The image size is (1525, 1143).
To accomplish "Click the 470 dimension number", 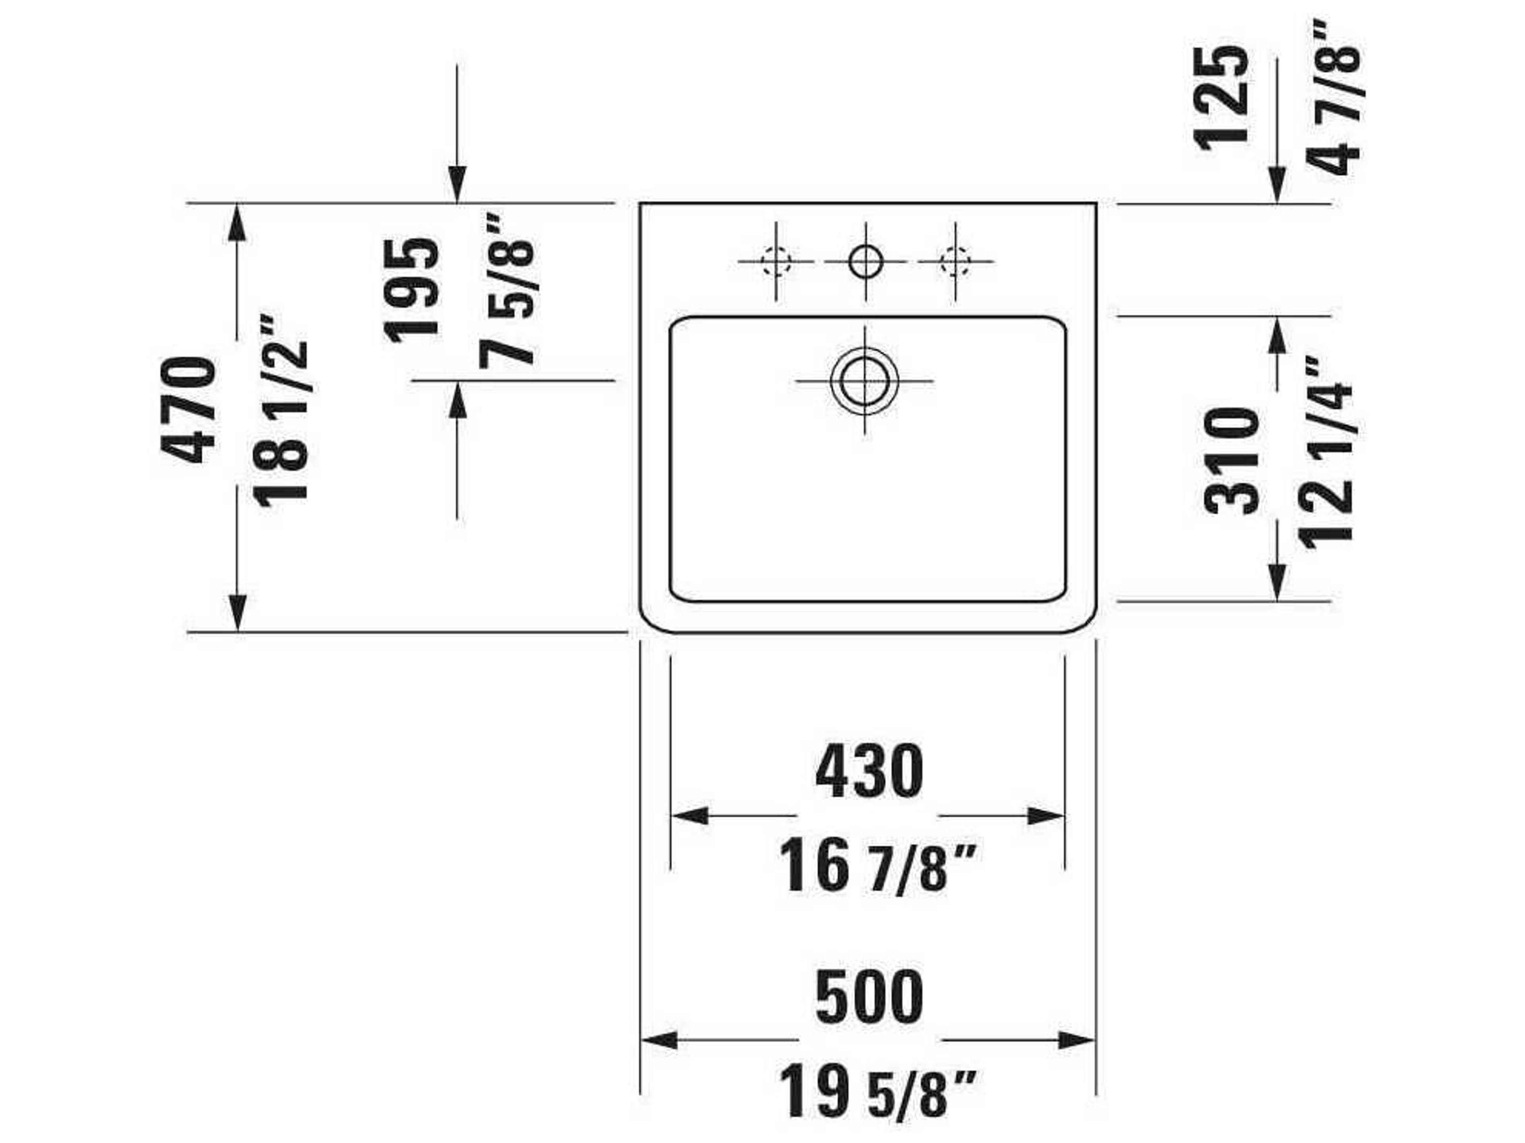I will coord(187,410).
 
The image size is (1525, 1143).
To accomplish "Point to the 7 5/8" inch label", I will coord(507,291).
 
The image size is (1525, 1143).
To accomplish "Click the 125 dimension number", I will coord(1221,98).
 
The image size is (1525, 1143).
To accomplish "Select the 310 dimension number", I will coord(1231,460).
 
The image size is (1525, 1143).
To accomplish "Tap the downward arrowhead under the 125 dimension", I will coord(1277,186).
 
